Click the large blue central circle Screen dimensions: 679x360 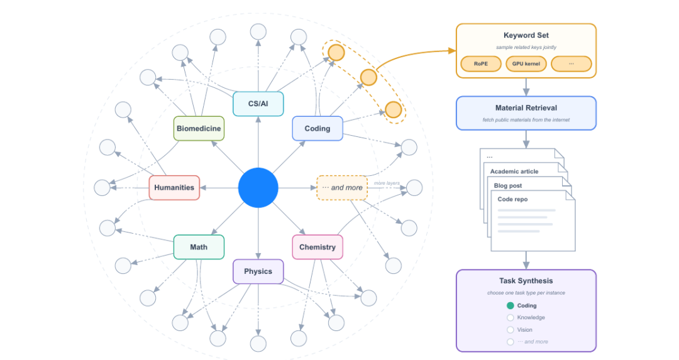(x=258, y=188)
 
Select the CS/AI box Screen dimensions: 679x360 (x=258, y=104)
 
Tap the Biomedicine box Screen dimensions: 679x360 (x=199, y=129)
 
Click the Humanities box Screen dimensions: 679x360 (x=174, y=188)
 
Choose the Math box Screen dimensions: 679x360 (x=199, y=247)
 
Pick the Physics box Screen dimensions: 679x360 (x=258, y=271)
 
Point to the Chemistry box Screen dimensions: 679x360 (x=317, y=247)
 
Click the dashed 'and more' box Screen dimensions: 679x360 (x=342, y=188)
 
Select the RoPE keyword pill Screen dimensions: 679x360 (x=481, y=63)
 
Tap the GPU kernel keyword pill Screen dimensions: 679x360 (x=526, y=63)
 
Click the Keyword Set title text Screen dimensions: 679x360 (x=526, y=35)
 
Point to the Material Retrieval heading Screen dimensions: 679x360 (x=526, y=108)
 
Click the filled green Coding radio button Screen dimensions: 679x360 (x=511, y=305)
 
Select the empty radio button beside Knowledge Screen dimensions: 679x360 (x=511, y=318)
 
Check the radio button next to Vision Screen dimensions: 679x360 (x=511, y=330)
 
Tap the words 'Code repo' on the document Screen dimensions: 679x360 (x=513, y=199)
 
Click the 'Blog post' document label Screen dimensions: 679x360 (x=508, y=185)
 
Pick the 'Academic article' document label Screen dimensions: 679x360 (x=514, y=172)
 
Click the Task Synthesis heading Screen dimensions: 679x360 (x=526, y=281)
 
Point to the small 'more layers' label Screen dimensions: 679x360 (x=387, y=183)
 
